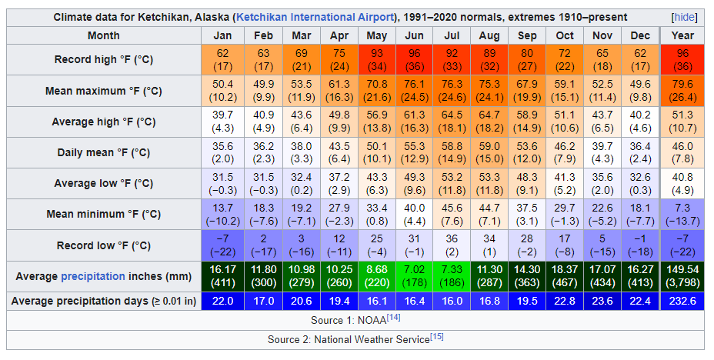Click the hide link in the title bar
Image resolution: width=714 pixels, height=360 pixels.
[x=683, y=17]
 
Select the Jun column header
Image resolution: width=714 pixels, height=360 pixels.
[x=414, y=35]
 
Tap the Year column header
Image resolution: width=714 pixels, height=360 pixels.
[x=682, y=35]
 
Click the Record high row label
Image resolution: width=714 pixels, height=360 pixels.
[x=103, y=60]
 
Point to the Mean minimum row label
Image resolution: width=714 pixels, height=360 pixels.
[x=103, y=215]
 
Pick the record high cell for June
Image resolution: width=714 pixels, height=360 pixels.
[x=414, y=60]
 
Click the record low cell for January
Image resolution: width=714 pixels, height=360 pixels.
[x=222, y=245]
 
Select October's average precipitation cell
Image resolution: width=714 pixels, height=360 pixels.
[x=565, y=276]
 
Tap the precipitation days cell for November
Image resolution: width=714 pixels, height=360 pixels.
[x=602, y=301]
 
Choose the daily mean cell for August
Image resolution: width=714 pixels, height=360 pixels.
[x=489, y=152]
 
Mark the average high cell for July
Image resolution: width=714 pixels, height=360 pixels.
[x=452, y=122]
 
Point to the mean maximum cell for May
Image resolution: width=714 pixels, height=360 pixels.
[x=376, y=91]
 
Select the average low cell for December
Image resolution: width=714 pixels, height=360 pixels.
[x=640, y=183]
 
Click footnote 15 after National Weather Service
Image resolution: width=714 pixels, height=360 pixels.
[x=437, y=337]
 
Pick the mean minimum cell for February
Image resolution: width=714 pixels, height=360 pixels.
[x=263, y=215]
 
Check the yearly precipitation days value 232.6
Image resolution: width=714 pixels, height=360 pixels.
[x=682, y=301]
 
